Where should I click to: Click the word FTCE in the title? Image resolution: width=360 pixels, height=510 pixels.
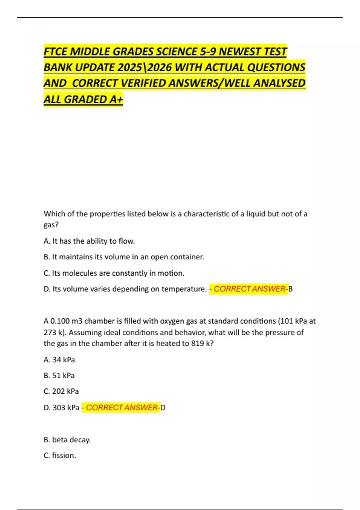[x=55, y=52]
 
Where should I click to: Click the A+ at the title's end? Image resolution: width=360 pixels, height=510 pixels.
[x=116, y=99]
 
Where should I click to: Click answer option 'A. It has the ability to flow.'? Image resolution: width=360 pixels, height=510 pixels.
[x=89, y=241]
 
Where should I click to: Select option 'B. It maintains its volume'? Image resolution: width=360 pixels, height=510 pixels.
[x=124, y=257]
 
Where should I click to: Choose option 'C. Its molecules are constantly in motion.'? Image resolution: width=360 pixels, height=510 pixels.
[x=114, y=273]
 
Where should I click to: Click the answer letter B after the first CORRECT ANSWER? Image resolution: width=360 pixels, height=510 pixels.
[x=290, y=289]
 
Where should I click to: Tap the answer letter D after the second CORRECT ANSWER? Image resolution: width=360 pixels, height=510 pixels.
[x=163, y=408]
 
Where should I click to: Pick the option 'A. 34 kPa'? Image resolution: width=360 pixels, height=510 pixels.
[x=59, y=360]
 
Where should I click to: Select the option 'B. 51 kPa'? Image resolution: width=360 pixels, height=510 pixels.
[x=59, y=376]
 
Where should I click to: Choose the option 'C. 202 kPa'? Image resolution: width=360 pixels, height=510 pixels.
[x=61, y=391]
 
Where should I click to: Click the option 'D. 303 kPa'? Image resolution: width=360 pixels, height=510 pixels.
[x=61, y=408]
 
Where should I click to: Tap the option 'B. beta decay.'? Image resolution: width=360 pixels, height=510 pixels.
[x=67, y=440]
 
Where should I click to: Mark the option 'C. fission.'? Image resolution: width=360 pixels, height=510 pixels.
[x=60, y=456]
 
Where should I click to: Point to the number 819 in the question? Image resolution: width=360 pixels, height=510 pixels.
[x=198, y=343]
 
